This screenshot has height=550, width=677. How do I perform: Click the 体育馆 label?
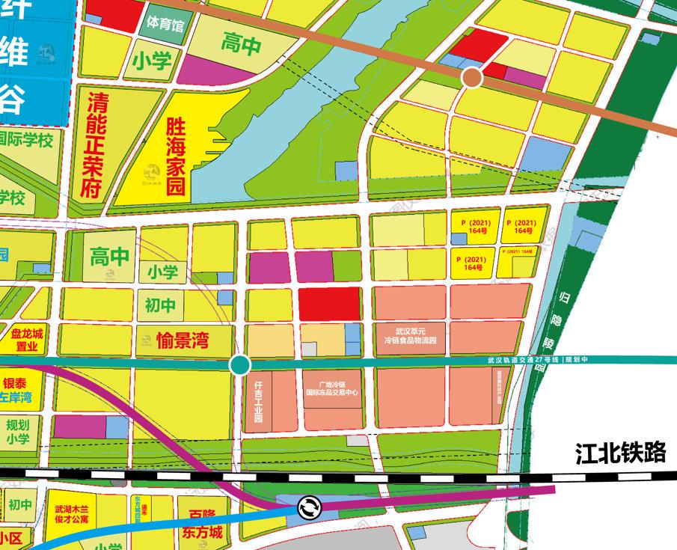point(165,25)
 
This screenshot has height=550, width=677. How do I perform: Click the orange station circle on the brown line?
point(471,77)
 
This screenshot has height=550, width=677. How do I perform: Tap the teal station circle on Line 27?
point(239,365)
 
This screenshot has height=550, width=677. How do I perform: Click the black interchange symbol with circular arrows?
point(308,508)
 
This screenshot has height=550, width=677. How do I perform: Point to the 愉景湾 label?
point(183,343)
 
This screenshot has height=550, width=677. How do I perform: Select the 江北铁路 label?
point(621,454)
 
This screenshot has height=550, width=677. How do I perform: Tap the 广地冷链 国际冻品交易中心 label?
point(334,386)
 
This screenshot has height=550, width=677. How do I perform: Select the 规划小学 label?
point(18,432)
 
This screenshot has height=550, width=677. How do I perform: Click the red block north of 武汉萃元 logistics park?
point(330,304)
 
